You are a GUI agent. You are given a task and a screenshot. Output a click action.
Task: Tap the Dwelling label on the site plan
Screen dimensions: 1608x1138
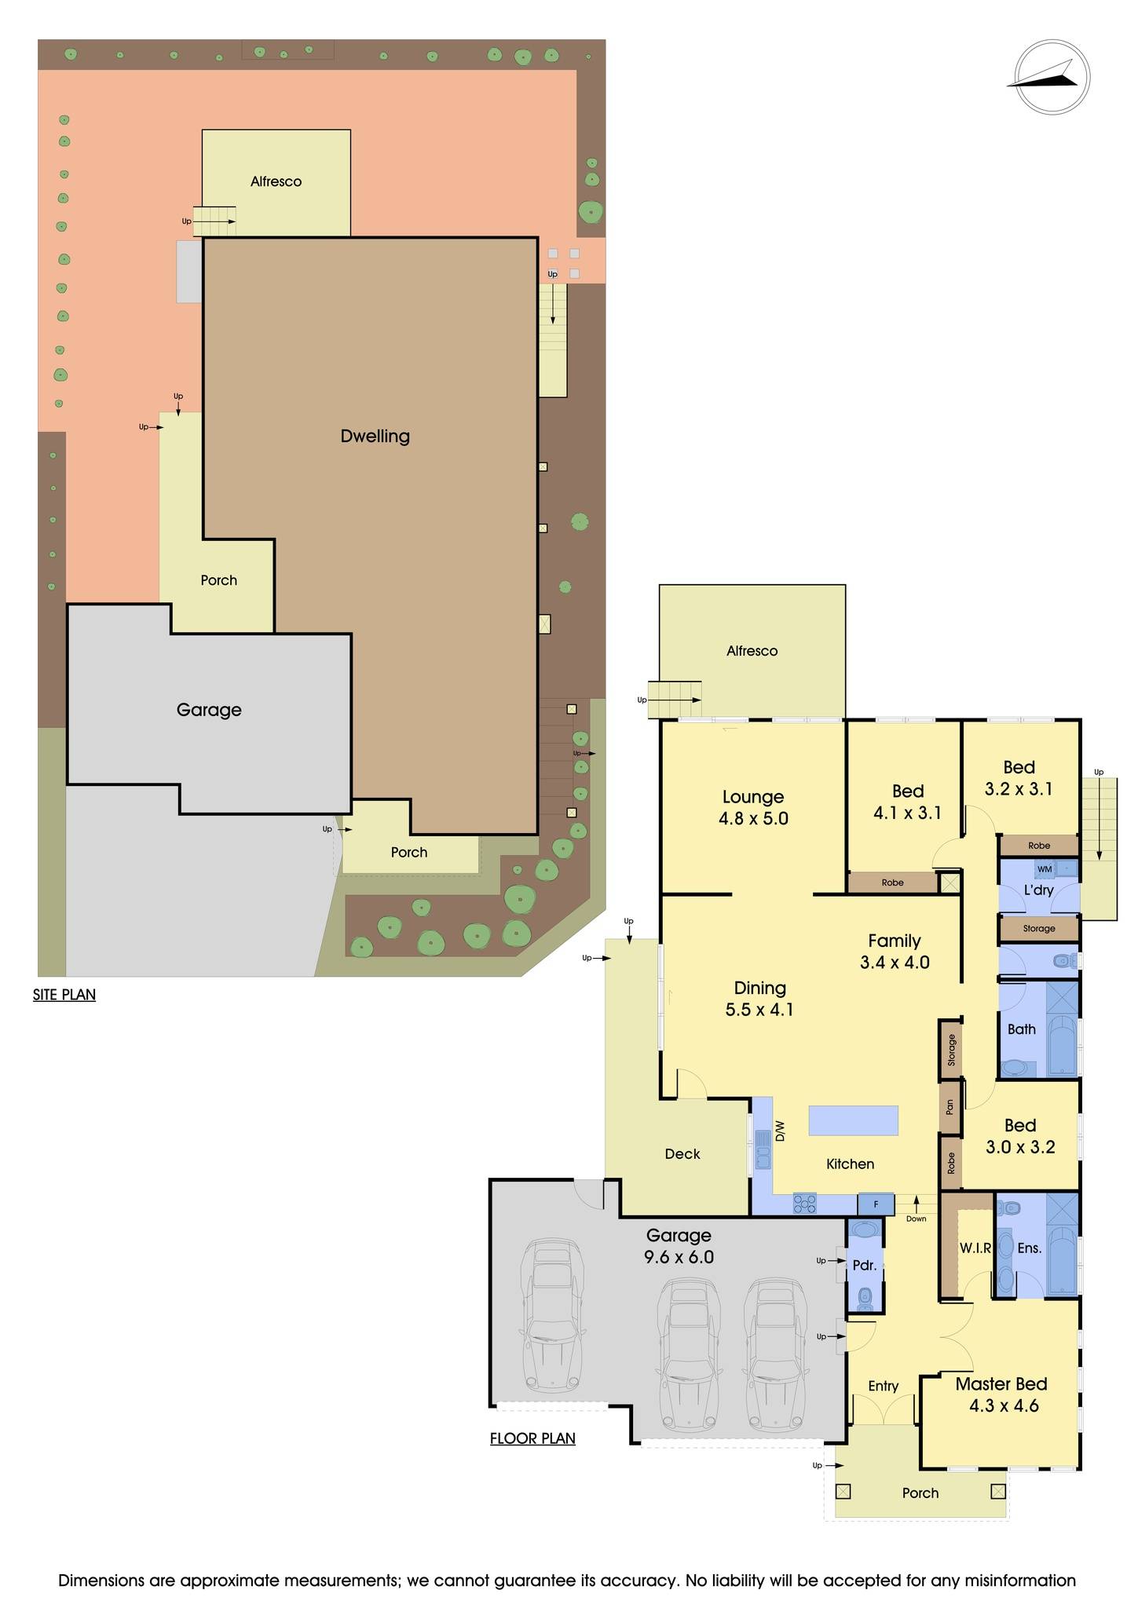click(x=375, y=436)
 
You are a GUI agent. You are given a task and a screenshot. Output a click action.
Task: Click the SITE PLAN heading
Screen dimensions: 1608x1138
click(x=64, y=995)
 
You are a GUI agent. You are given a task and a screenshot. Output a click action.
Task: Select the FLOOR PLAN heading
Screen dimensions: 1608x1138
click(x=532, y=1438)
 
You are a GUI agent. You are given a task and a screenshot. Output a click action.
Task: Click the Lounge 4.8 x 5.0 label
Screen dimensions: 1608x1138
click(x=752, y=807)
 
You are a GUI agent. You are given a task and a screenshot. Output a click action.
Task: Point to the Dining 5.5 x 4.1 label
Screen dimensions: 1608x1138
click(x=759, y=999)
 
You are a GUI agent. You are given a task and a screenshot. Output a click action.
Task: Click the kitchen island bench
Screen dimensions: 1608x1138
click(x=853, y=1120)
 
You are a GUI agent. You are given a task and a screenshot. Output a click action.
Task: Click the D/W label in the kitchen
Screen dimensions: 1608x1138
click(x=780, y=1131)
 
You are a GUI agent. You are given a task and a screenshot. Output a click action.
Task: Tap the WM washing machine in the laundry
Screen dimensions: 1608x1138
click(x=1044, y=869)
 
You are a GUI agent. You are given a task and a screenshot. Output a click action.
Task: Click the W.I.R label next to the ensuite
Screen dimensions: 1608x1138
click(x=975, y=1248)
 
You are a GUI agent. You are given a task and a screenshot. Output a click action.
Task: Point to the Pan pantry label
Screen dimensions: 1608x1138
click(x=950, y=1107)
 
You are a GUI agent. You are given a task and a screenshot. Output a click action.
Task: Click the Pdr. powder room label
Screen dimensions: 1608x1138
click(x=864, y=1265)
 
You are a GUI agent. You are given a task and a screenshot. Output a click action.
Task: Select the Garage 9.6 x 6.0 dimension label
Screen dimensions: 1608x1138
click(x=679, y=1246)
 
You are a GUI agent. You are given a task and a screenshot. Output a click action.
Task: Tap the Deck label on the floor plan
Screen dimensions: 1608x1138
click(x=682, y=1153)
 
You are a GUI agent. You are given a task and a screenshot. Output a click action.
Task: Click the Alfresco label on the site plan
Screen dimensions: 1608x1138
click(x=276, y=181)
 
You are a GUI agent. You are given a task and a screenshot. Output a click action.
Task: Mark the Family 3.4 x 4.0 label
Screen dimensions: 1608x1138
click(x=895, y=951)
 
